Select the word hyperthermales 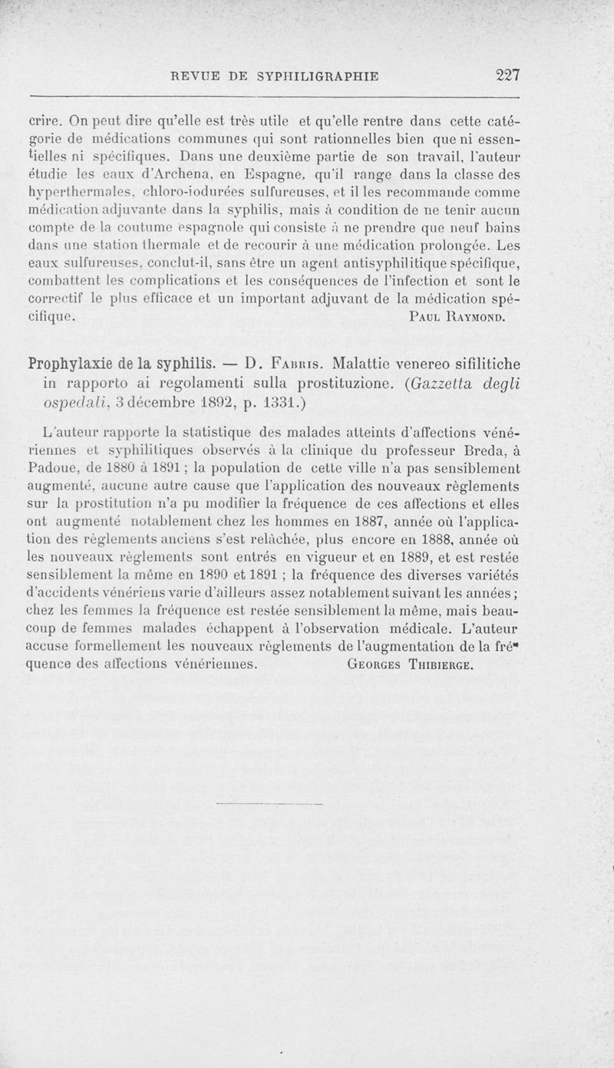(x=72, y=195)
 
